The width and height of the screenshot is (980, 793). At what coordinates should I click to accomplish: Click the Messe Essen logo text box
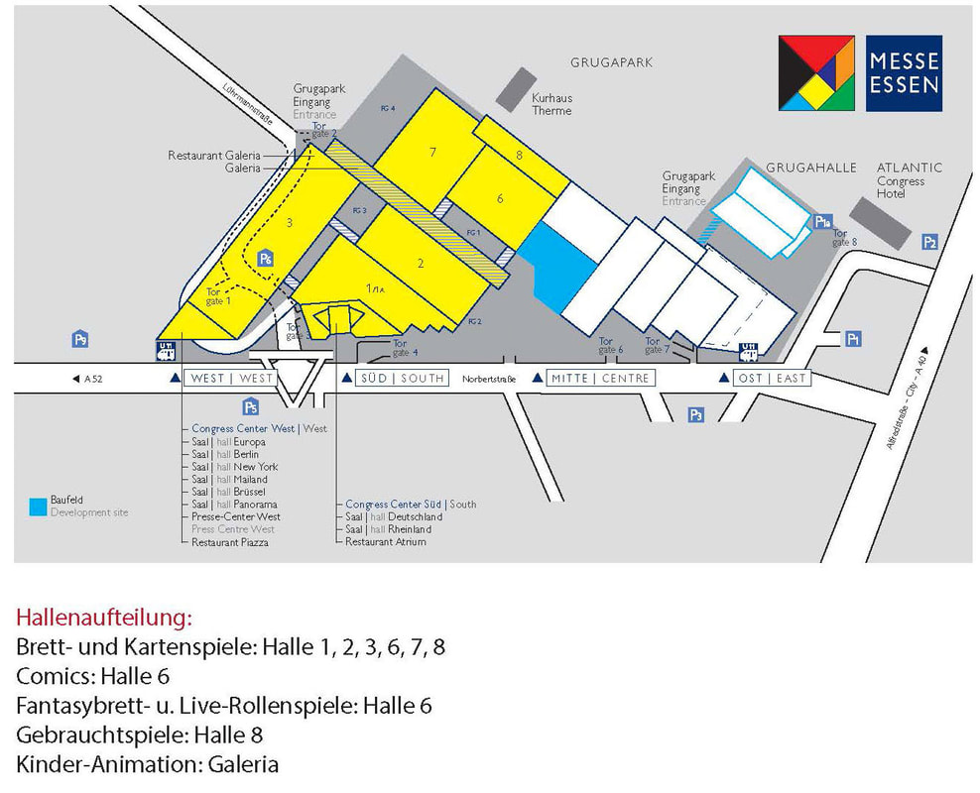click(x=904, y=73)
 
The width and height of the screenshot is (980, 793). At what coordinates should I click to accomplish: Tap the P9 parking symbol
click(x=80, y=339)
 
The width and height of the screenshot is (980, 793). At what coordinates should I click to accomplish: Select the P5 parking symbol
click(x=251, y=406)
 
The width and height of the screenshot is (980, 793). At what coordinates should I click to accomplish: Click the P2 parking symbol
click(x=929, y=242)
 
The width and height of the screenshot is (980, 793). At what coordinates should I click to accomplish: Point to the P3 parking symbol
click(x=696, y=414)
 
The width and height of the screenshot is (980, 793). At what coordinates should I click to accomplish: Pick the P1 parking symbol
click(x=852, y=339)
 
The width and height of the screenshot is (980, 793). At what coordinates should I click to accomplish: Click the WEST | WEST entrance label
click(x=231, y=378)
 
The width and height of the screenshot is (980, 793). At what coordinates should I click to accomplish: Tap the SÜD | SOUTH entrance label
click(x=401, y=378)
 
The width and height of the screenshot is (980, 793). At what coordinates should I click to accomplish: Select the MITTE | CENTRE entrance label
click(x=599, y=378)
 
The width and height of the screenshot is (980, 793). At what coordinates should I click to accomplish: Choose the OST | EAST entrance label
click(x=772, y=378)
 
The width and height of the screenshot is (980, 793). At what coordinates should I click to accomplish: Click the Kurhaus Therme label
click(x=551, y=104)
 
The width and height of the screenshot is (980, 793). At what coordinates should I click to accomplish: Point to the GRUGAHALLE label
click(x=810, y=169)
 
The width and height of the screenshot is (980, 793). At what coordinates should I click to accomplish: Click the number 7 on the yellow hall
click(x=433, y=152)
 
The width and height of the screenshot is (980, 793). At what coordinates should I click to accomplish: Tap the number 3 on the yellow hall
click(x=289, y=223)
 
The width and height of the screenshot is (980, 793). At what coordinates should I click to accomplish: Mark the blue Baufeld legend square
click(x=38, y=506)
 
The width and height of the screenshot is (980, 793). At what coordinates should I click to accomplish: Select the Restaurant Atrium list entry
click(x=385, y=541)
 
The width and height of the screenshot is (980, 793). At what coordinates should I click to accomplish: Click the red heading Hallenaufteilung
click(x=103, y=618)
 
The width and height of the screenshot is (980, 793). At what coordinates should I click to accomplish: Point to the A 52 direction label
click(x=88, y=378)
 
